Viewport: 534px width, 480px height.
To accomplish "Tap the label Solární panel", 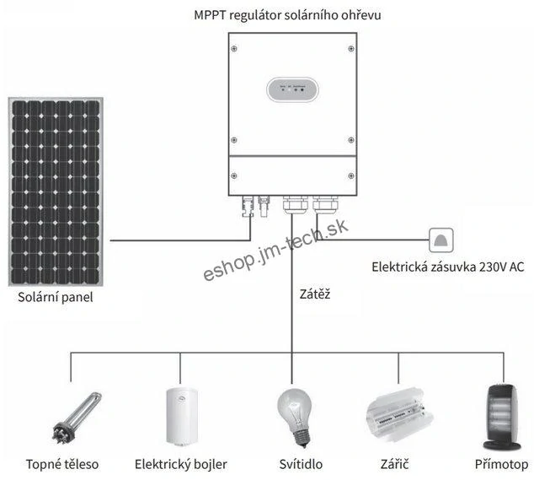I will click(56, 298).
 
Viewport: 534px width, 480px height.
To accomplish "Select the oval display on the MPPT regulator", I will click(291, 90).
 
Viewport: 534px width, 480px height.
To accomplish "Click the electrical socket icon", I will click(441, 240).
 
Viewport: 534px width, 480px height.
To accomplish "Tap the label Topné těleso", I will click(61, 464).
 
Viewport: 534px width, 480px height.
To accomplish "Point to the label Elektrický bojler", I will click(179, 464).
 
